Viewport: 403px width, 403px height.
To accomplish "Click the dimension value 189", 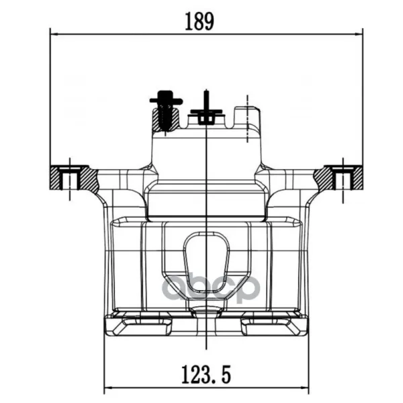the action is tap(199, 21).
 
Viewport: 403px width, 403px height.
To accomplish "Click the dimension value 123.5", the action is tap(206, 375).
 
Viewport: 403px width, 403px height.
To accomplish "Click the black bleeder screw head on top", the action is tap(166, 97).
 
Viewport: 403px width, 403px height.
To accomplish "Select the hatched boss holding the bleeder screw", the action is tap(166, 120).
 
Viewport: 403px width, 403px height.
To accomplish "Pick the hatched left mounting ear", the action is tap(74, 177).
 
